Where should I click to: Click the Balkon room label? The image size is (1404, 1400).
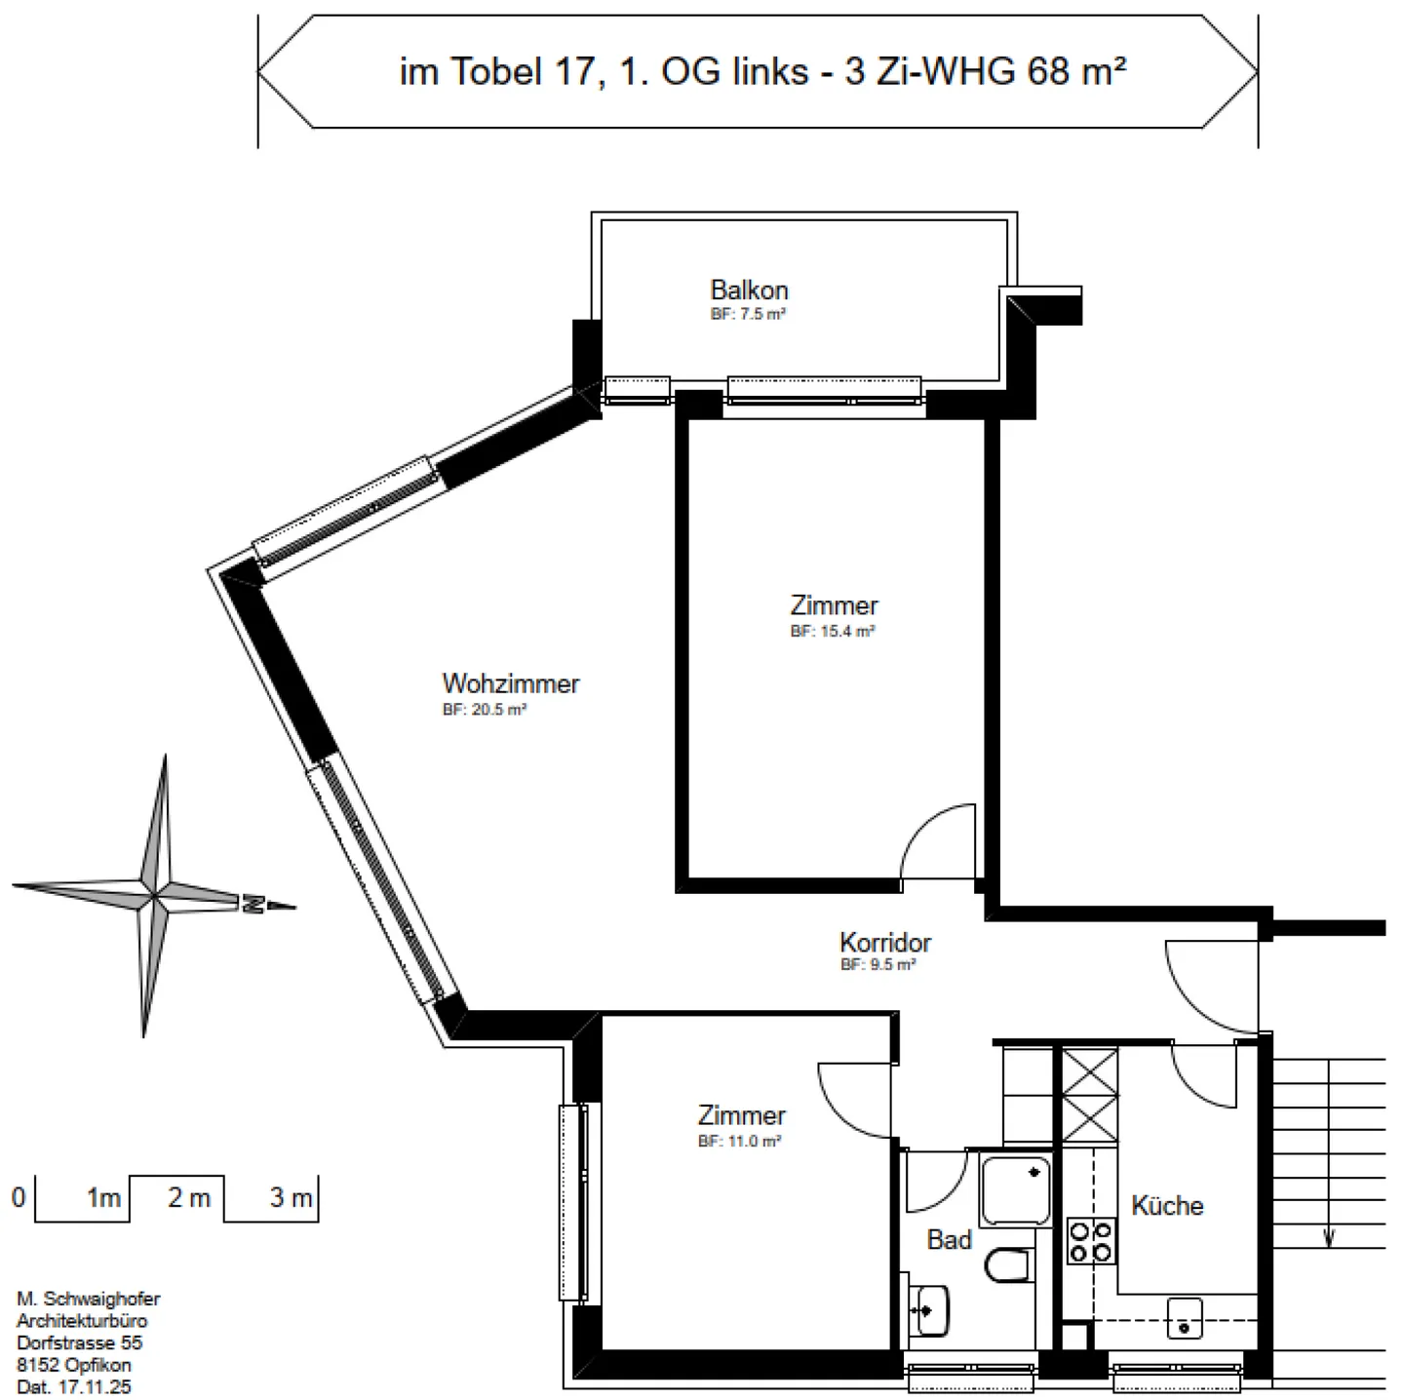tap(749, 291)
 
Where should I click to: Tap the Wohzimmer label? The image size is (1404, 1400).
tap(510, 683)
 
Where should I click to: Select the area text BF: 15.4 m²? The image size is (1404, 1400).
tap(832, 632)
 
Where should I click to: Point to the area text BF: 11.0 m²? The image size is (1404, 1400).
tap(739, 1142)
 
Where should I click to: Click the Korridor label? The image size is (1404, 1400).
tap(884, 943)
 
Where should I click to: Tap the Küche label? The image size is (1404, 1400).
tap(1166, 1206)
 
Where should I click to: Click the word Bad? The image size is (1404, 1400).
tap(949, 1240)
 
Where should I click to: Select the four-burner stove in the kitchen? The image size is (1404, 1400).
tap(1091, 1241)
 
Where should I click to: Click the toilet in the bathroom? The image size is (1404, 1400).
tap(1008, 1266)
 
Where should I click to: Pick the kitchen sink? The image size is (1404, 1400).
tap(1185, 1319)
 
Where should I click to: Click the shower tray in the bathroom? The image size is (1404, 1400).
tap(1016, 1189)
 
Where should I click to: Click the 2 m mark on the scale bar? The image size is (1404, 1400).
tap(188, 1198)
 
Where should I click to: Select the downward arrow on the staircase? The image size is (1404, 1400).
tap(1328, 1236)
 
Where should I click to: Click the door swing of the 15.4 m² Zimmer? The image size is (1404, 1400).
tap(936, 840)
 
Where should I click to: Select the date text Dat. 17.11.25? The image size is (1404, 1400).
tap(73, 1386)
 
